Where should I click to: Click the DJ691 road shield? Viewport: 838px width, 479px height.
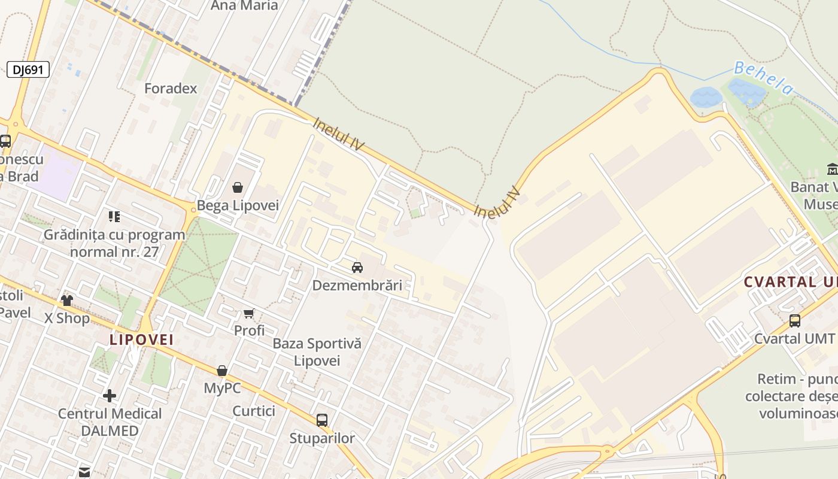pyautogui.click(x=28, y=69)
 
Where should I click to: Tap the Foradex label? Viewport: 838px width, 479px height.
pyautogui.click(x=171, y=89)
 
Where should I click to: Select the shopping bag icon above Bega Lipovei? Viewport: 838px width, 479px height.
pyautogui.click(x=238, y=187)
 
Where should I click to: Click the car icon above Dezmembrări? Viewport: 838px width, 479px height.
pyautogui.click(x=357, y=267)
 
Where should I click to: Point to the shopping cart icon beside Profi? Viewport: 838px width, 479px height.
pyautogui.click(x=249, y=313)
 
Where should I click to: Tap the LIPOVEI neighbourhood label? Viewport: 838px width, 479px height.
pyautogui.click(x=141, y=339)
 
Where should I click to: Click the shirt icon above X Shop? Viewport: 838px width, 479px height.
pyautogui.click(x=66, y=300)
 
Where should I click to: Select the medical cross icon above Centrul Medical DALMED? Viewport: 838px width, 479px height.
pyautogui.click(x=110, y=395)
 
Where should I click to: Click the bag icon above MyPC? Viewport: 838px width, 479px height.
pyautogui.click(x=222, y=371)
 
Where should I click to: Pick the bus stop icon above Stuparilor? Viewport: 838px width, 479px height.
pyautogui.click(x=322, y=420)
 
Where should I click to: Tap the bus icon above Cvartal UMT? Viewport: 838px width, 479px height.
pyautogui.click(x=794, y=320)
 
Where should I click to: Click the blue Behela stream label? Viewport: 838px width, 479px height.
pyautogui.click(x=763, y=78)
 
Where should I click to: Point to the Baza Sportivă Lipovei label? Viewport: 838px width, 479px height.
pyautogui.click(x=317, y=352)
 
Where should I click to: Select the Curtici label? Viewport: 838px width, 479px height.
pyautogui.click(x=254, y=411)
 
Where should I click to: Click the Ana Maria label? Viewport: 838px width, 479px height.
pyautogui.click(x=244, y=6)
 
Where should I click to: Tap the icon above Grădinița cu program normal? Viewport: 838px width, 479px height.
pyautogui.click(x=114, y=216)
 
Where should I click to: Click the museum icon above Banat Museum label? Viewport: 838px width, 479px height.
pyautogui.click(x=832, y=169)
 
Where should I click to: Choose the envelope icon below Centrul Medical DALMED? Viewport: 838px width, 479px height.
pyautogui.click(x=84, y=472)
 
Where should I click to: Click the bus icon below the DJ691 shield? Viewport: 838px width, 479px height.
pyautogui.click(x=5, y=141)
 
